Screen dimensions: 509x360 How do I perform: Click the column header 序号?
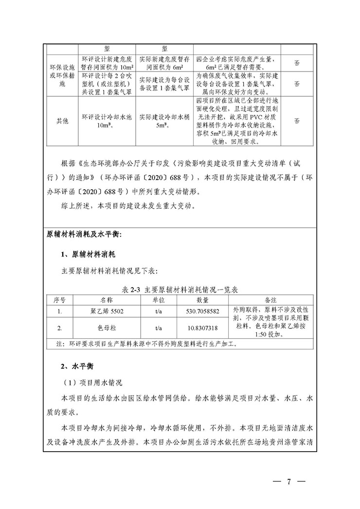[x=59, y=299]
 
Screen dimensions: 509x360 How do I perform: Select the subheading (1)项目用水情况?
[x=91, y=382]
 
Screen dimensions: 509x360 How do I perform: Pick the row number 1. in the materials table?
[x=59, y=310]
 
